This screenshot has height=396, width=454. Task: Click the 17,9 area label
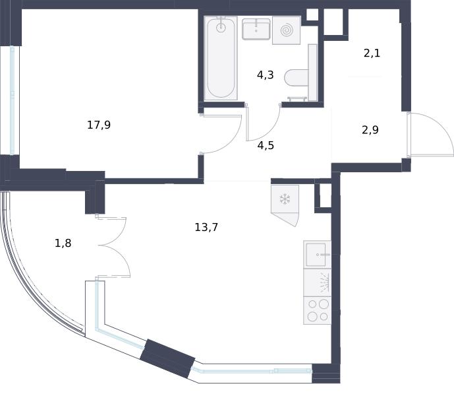click(x=99, y=125)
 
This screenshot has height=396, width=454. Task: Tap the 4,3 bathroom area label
click(x=266, y=75)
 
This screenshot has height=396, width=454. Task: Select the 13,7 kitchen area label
click(x=206, y=227)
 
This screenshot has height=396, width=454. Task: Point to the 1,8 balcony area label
click(x=63, y=243)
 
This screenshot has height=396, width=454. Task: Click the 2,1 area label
click(x=372, y=53)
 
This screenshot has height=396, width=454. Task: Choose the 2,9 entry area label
click(x=370, y=129)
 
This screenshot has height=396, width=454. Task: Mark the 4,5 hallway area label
click(x=266, y=145)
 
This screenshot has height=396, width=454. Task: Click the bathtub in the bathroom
click(x=221, y=58)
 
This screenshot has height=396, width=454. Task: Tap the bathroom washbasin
click(x=256, y=29)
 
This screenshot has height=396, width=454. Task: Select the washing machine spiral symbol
click(x=287, y=30)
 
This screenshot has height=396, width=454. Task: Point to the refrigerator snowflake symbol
click(x=285, y=199)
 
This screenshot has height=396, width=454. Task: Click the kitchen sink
click(x=318, y=254)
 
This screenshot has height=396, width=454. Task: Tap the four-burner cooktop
click(x=318, y=310)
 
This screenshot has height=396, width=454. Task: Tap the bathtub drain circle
click(x=221, y=28)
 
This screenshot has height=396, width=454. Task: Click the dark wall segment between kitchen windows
click(x=167, y=358)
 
